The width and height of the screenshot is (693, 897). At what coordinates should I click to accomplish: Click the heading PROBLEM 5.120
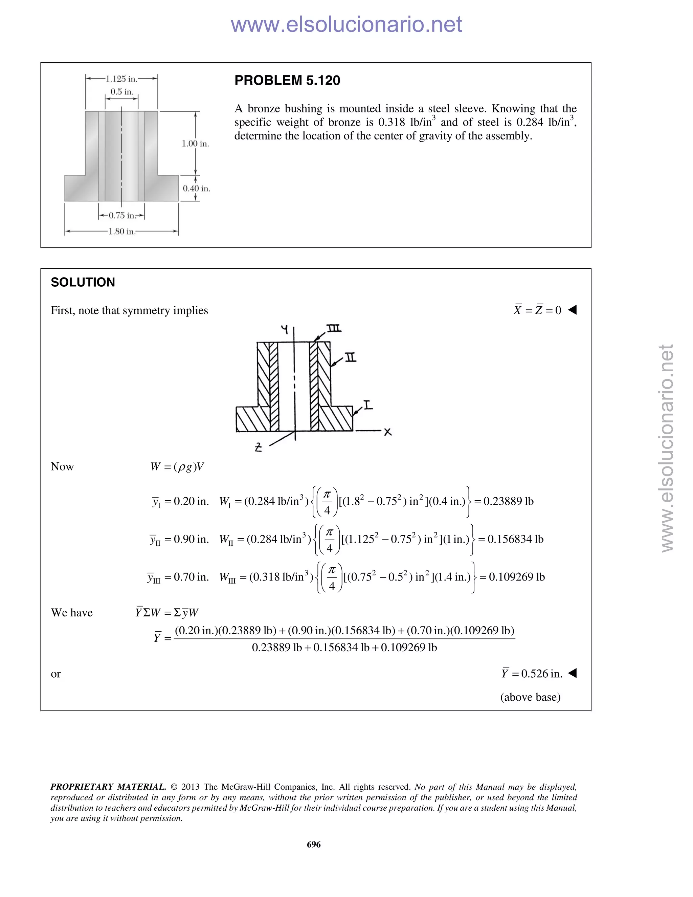tap(287, 81)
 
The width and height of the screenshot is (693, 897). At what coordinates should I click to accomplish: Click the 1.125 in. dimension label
tap(121, 79)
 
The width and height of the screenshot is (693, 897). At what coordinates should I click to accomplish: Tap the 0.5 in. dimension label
tap(122, 92)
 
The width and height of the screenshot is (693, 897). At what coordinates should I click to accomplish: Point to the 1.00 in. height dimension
tap(196, 144)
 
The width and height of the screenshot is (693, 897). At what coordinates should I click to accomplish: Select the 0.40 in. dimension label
tap(196, 189)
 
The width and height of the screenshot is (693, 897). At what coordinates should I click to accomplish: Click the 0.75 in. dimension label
tap(121, 215)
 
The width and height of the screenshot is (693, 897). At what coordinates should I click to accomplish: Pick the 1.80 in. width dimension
tap(121, 232)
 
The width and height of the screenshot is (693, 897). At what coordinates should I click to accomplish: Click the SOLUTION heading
tap(83, 282)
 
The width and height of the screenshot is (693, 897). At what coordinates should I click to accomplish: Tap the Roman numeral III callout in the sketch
tap(334, 329)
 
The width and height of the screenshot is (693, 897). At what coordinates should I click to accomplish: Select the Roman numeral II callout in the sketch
tap(350, 358)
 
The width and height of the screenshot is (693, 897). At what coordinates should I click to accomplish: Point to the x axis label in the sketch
tap(387, 432)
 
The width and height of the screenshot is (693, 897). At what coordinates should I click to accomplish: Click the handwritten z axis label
tap(258, 447)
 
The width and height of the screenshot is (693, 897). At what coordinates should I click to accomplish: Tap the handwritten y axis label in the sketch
tap(285, 329)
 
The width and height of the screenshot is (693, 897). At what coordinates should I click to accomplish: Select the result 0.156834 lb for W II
tap(515, 539)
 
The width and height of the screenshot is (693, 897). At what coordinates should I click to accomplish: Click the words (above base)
tap(530, 697)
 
